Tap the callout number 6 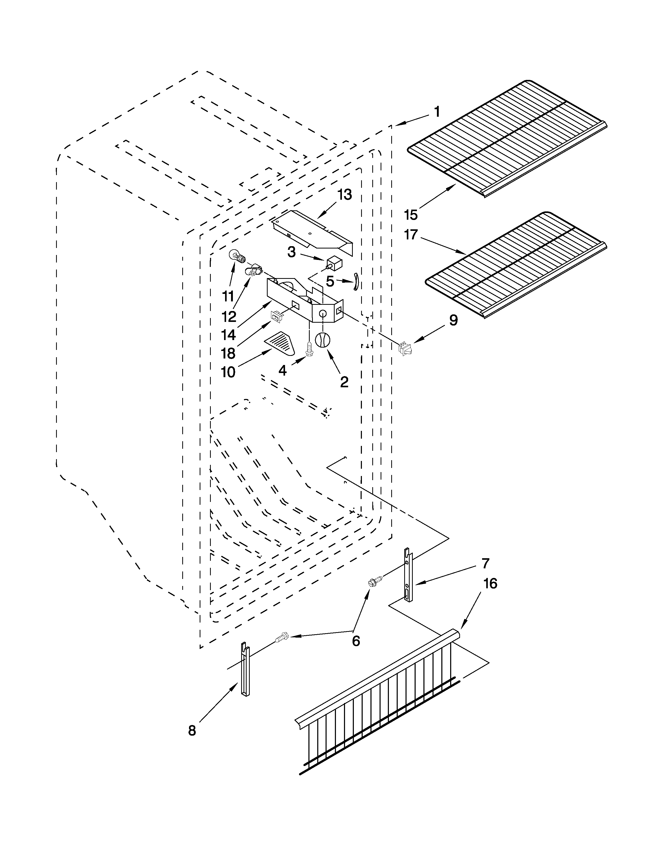click(x=356, y=641)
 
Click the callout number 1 click(x=437, y=113)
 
